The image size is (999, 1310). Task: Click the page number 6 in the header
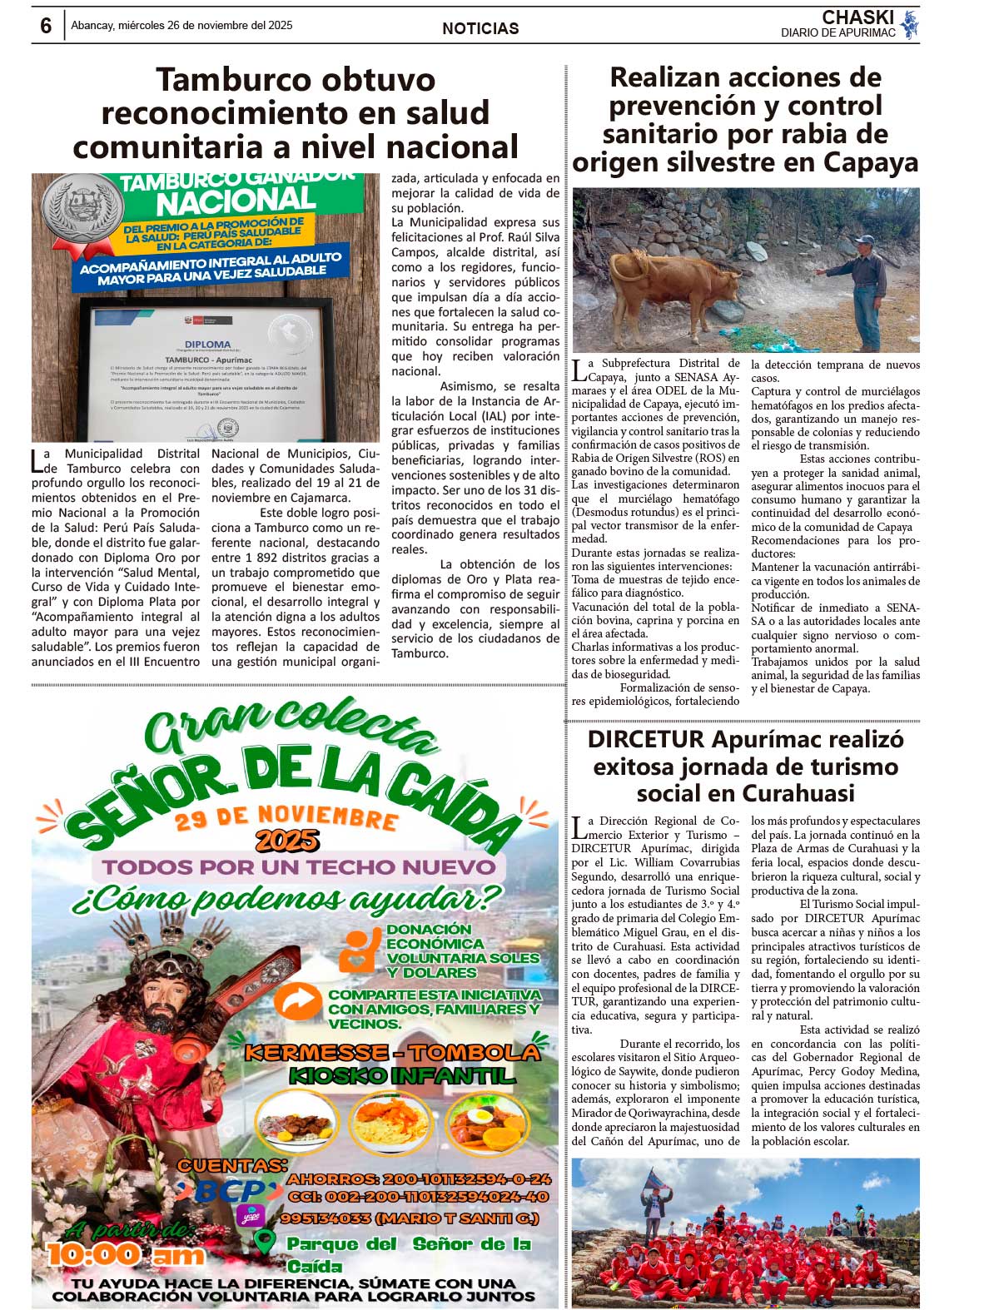click(46, 26)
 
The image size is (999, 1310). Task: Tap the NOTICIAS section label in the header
click(480, 28)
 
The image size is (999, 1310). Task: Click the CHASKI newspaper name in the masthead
click(857, 17)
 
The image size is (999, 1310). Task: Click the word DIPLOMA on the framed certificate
click(207, 344)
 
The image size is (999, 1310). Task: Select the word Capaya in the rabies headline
click(871, 162)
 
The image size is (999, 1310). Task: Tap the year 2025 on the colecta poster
click(287, 841)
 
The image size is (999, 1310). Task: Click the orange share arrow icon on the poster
click(297, 1002)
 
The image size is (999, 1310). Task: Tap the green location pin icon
click(264, 1243)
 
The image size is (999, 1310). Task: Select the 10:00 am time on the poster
click(125, 1254)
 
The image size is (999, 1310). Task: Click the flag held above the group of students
click(659, 1180)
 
